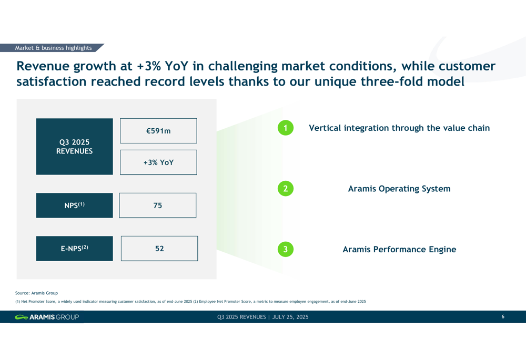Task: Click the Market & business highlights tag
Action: pos(52,48)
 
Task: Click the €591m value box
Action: pos(158,131)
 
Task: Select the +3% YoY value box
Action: pos(158,162)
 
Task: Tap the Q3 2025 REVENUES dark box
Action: pos(75,147)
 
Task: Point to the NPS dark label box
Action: pos(75,205)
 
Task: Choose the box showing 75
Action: pos(158,205)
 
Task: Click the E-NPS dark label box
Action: pos(75,249)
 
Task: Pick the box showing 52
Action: pos(159,249)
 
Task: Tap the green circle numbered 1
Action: pos(286,128)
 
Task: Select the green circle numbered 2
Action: pos(286,188)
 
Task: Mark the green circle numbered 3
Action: pos(286,249)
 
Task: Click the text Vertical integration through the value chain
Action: pos(399,128)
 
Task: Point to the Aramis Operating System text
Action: pos(399,189)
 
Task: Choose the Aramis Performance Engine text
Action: pos(399,250)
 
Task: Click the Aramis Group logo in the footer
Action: pos(47,317)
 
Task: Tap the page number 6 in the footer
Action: pos(503,316)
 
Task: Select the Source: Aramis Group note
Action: pos(37,293)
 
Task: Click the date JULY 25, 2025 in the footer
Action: pos(290,317)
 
